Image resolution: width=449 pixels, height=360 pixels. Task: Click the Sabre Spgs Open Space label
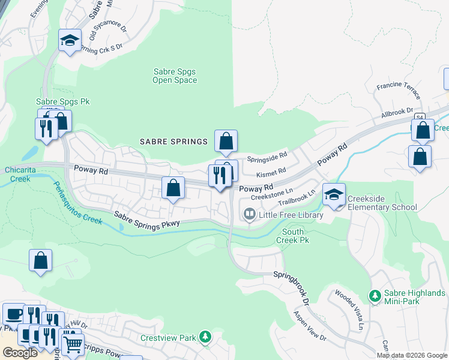[x=174, y=76]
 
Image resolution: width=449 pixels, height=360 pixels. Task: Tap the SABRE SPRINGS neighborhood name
[x=173, y=142]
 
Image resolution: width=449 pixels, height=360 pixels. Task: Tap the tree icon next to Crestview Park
[x=205, y=338]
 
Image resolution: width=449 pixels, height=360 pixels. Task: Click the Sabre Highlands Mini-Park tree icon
[x=375, y=296]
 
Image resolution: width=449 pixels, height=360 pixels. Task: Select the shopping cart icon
[x=73, y=344]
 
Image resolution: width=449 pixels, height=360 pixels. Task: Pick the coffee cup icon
[x=14, y=314]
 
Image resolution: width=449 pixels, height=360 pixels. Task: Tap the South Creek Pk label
[x=295, y=236]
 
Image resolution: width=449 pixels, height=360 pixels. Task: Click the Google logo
[x=20, y=353]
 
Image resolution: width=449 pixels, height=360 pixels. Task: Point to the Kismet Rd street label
[x=271, y=173]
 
